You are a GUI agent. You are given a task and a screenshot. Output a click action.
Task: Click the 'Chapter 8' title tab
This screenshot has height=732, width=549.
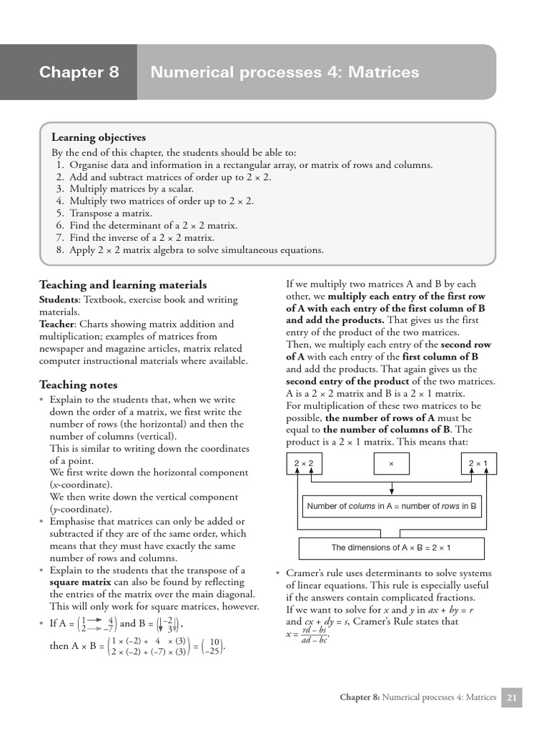[x=79, y=72]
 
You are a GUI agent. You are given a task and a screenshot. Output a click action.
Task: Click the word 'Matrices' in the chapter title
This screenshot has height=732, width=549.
[x=384, y=72]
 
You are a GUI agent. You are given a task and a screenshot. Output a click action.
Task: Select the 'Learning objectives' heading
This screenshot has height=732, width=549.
[x=99, y=137]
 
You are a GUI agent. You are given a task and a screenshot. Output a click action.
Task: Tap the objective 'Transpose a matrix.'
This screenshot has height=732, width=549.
[x=111, y=213]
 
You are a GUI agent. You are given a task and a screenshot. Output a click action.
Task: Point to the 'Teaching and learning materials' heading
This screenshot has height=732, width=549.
[x=123, y=285]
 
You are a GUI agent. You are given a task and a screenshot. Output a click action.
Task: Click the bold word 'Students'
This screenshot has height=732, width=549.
[x=58, y=300]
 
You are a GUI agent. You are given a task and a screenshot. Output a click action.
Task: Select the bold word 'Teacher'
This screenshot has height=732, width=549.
[x=56, y=324]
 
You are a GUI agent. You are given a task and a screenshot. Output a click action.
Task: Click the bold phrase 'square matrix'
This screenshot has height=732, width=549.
[x=80, y=582]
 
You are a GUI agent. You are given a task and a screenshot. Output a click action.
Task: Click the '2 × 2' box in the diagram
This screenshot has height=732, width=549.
[x=304, y=465]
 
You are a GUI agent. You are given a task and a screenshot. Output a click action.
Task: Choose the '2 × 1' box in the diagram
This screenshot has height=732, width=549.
[x=478, y=465]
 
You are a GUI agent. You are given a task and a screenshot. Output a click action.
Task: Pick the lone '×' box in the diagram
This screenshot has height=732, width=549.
[x=391, y=465]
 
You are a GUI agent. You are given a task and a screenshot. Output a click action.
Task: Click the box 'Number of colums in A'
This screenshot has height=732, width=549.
[x=391, y=506]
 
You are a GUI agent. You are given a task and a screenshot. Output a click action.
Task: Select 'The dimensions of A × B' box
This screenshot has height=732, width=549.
[x=391, y=548]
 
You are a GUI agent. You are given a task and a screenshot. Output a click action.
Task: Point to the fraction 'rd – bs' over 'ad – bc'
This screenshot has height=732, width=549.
[x=312, y=634]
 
